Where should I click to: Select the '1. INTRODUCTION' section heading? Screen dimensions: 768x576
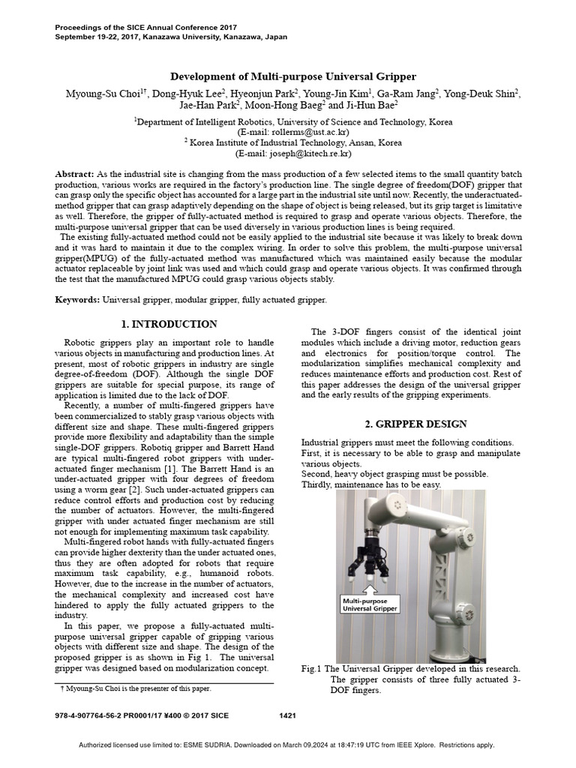click(x=169, y=324)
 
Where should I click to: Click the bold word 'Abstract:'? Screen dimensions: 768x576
click(x=74, y=174)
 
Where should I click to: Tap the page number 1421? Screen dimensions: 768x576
click(x=288, y=715)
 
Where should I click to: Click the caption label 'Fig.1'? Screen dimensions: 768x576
click(x=310, y=668)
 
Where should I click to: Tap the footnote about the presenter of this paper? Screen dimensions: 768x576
click(x=135, y=688)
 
